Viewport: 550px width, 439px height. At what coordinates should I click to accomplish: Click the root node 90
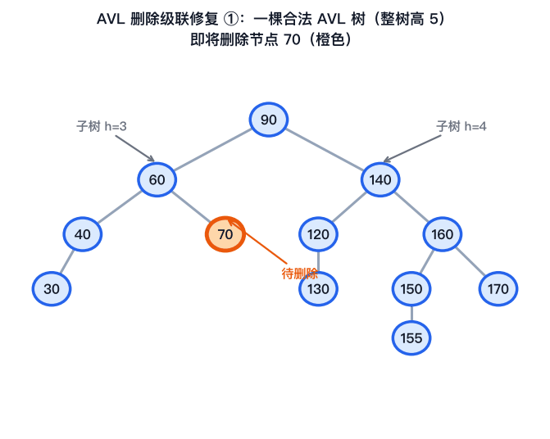click(269, 120)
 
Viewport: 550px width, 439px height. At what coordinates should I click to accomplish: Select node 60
click(157, 179)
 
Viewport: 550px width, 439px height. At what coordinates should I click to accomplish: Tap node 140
click(380, 179)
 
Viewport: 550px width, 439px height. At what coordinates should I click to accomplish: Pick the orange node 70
click(225, 234)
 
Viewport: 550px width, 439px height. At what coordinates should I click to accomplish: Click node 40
click(83, 234)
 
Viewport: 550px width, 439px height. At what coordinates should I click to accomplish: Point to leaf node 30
click(52, 288)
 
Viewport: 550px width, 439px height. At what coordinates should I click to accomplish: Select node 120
click(318, 234)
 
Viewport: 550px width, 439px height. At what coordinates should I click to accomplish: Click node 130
click(318, 288)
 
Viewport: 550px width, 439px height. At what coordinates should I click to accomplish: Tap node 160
click(443, 234)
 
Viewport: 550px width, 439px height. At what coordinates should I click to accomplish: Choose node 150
click(411, 288)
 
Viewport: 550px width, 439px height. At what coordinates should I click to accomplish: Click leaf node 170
click(498, 288)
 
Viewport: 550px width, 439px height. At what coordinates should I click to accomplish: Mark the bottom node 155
click(411, 338)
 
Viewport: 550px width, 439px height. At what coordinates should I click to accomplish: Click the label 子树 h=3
click(102, 126)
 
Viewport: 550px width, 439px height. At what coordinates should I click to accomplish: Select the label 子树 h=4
click(461, 126)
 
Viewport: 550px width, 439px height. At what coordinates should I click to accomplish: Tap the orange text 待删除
click(299, 274)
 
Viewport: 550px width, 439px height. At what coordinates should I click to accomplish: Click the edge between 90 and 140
click(325, 150)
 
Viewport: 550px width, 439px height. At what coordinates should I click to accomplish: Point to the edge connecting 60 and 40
click(120, 207)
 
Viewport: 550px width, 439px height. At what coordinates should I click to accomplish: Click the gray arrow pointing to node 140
click(411, 148)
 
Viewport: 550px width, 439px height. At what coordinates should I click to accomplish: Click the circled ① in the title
click(230, 19)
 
